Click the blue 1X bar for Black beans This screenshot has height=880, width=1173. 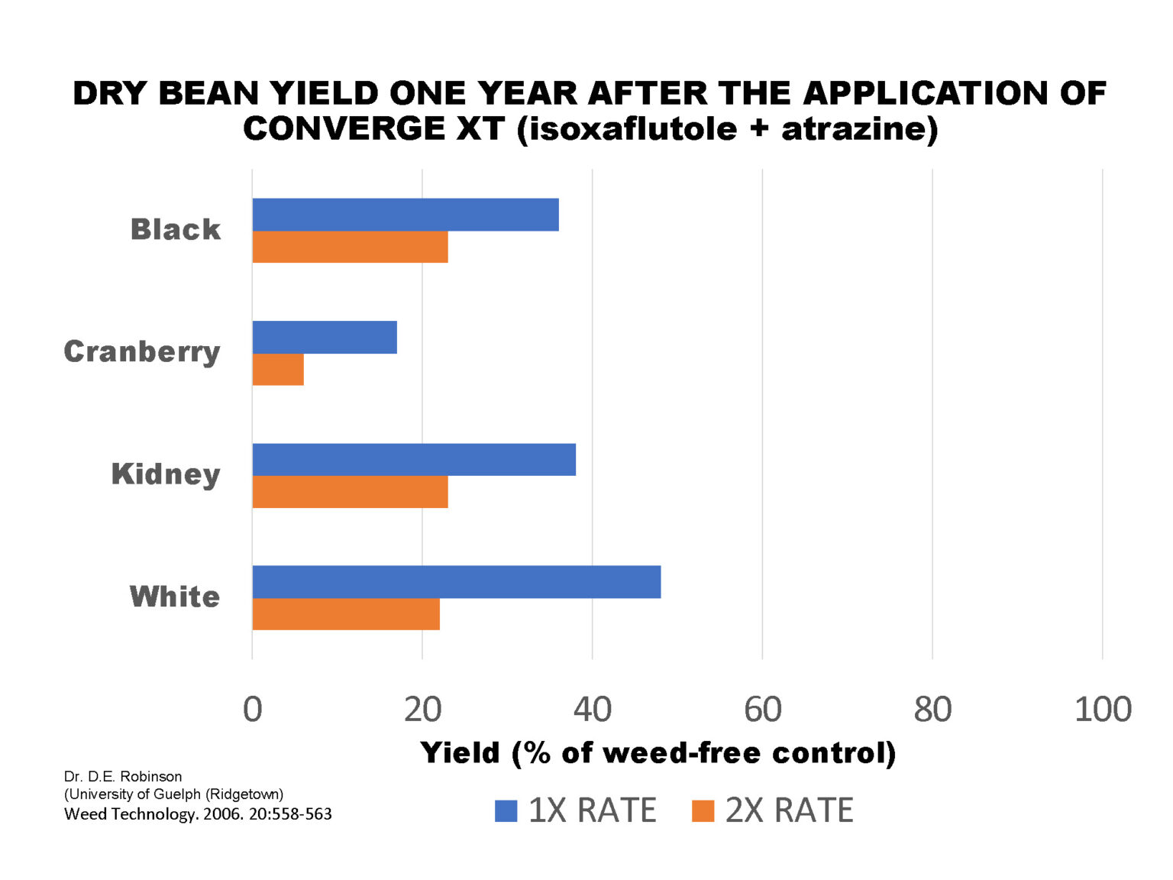tap(406, 215)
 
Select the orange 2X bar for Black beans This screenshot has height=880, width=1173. tap(350, 247)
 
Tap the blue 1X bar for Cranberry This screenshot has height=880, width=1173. tap(325, 337)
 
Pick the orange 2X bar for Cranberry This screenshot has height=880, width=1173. tap(278, 370)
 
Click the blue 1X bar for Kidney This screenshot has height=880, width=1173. tap(414, 459)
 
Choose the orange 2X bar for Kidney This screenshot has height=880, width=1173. tap(350, 492)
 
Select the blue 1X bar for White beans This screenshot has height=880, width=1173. tap(456, 582)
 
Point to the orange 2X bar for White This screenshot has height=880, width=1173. tap(346, 614)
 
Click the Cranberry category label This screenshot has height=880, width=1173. tap(142, 351)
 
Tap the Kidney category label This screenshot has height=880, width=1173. tap(166, 474)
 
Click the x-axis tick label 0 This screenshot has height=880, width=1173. tap(253, 710)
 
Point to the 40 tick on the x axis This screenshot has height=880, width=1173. tap(593, 710)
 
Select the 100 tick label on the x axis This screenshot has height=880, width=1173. tap(1103, 710)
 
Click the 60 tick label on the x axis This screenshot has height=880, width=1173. tap(762, 710)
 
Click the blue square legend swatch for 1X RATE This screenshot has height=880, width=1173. tap(506, 810)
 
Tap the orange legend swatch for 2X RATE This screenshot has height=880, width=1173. tap(703, 810)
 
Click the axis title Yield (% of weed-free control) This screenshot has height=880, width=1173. tap(658, 752)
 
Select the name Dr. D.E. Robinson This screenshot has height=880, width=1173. tap(123, 776)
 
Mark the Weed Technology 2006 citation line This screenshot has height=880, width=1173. tap(198, 814)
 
